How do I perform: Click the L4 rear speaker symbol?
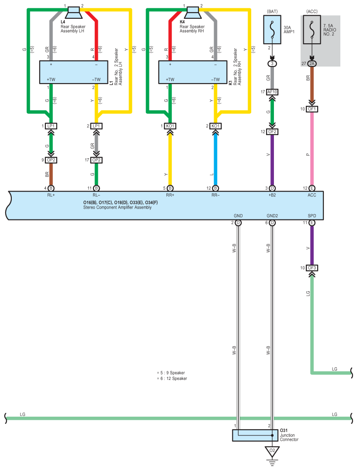[73, 13]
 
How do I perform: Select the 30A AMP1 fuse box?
[272, 30]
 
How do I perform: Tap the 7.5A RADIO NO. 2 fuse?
[312, 30]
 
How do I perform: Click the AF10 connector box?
[272, 92]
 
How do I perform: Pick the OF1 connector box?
[312, 109]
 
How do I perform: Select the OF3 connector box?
[312, 268]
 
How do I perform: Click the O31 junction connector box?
[255, 435]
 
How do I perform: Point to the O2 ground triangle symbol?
[272, 452]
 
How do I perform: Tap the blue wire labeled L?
[215, 160]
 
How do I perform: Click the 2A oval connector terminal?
[312, 63]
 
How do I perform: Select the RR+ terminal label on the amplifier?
[170, 195]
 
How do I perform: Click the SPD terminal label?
[312, 216]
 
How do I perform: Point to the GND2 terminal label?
[272, 216]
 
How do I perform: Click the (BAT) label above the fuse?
[272, 11]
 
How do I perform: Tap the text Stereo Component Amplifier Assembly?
[118, 207]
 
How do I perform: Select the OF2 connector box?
[272, 132]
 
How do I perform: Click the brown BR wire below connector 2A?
[312, 85]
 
